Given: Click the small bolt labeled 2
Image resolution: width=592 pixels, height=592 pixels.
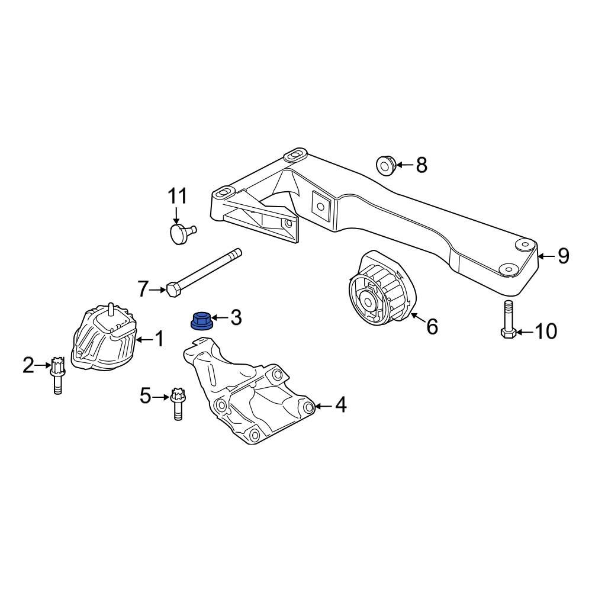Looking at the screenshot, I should (57, 374).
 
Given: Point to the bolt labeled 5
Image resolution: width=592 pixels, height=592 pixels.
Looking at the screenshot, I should (176, 403).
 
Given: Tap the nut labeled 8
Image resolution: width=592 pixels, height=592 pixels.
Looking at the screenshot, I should (385, 165).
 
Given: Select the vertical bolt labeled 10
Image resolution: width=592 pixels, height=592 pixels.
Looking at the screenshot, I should (508, 320).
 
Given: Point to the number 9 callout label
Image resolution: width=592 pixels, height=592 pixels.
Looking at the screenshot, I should (563, 256).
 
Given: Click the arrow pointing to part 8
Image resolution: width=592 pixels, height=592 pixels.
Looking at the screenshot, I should (403, 165).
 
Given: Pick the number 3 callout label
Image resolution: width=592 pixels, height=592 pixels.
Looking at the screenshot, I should (236, 318).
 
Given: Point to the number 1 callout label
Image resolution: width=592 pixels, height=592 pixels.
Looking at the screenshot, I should (159, 339).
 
